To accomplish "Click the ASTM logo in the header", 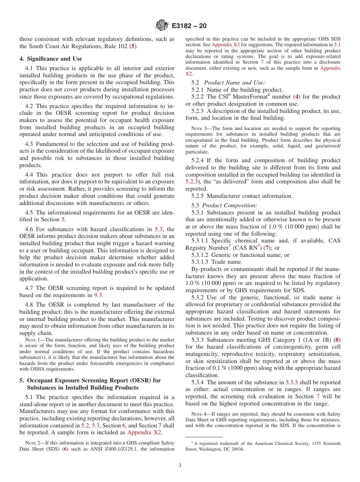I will [162, 26].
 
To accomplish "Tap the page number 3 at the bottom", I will [180, 466].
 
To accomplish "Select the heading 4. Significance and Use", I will [51, 59].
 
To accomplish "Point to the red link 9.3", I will [98, 295].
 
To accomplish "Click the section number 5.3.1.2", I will [201, 255].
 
